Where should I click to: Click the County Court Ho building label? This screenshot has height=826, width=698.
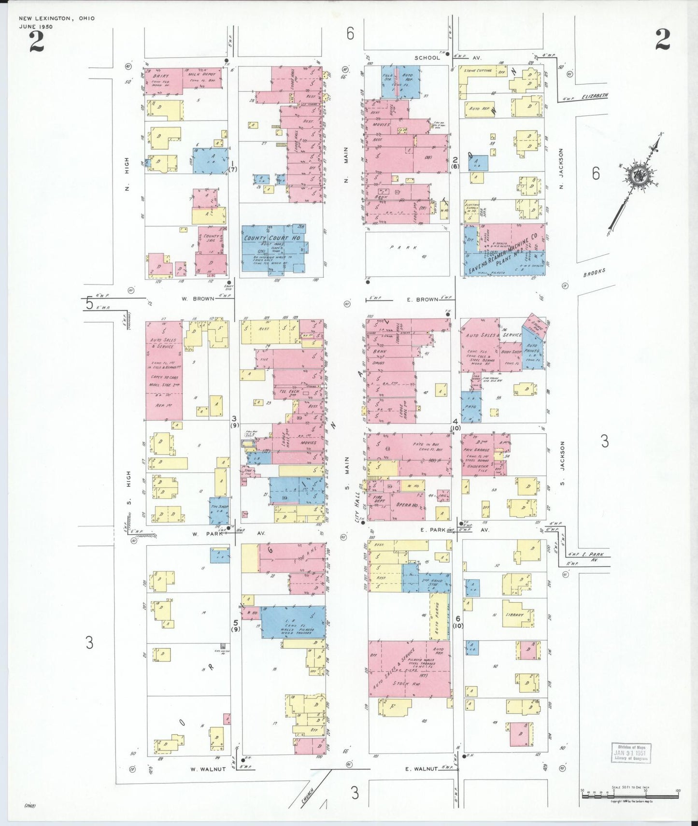(271, 238)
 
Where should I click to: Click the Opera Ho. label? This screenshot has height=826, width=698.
(407, 505)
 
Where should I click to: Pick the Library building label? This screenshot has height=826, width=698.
(515, 615)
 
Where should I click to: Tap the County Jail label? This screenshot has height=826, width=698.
(212, 238)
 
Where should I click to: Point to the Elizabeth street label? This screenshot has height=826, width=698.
(594, 96)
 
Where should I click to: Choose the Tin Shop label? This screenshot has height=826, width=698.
(219, 506)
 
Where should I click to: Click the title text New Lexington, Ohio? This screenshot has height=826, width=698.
(57, 18)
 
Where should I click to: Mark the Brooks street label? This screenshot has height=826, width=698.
(594, 272)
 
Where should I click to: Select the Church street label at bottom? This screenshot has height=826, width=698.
(308, 796)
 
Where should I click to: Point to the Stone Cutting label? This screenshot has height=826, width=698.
(478, 71)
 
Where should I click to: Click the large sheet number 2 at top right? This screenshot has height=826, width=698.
(662, 40)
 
